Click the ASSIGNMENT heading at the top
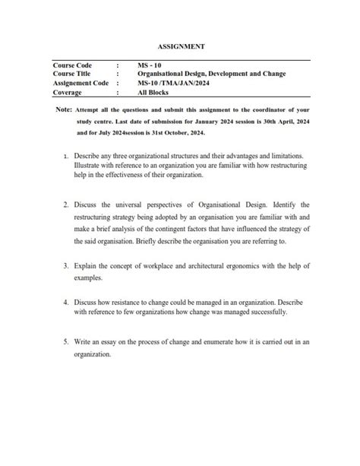pos(180,46)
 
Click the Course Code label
pos(72,66)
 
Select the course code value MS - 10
pos(152,66)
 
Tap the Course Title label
pos(72,74)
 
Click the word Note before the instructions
pos(64,109)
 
